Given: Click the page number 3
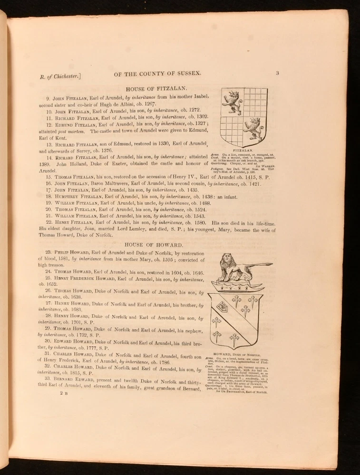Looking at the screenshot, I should [277, 73].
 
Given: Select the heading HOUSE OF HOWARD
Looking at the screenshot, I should [155, 244].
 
